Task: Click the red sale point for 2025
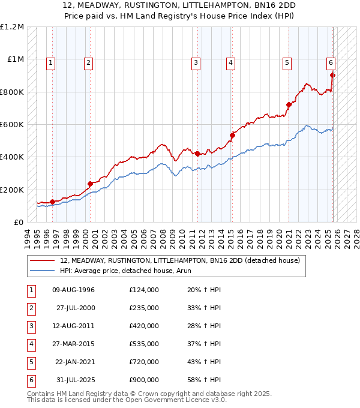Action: click(332, 76)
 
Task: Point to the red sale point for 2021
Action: click(289, 105)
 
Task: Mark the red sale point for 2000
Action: click(90, 184)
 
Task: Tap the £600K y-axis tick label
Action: click(12, 124)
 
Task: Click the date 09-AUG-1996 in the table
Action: click(74, 290)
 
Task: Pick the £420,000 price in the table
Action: click(144, 326)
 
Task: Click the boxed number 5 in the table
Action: click(30, 362)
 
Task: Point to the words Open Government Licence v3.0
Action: click(175, 399)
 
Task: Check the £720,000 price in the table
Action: click(144, 362)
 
